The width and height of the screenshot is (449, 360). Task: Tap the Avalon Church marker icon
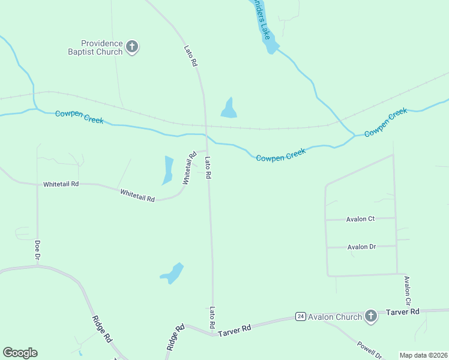(371, 316)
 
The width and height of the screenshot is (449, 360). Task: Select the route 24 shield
(301, 316)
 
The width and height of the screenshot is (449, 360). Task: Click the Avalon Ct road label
(360, 219)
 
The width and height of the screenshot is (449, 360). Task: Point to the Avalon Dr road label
(361, 247)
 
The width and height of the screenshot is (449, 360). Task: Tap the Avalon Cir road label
(407, 290)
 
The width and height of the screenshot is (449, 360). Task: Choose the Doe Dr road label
(37, 250)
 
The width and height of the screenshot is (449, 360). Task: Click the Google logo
(20, 353)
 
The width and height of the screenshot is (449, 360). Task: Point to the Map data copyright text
(423, 355)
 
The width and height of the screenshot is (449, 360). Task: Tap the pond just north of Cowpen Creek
(229, 108)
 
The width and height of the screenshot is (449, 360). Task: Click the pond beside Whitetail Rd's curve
(167, 170)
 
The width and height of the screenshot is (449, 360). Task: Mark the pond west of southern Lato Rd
(173, 274)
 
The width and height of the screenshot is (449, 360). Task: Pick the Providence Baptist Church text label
(102, 47)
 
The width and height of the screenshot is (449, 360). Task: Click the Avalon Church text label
(335, 317)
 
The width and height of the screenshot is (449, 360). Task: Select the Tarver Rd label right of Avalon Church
(402, 312)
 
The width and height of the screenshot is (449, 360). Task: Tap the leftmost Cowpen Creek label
(79, 117)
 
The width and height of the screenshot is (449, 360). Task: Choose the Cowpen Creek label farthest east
(385, 123)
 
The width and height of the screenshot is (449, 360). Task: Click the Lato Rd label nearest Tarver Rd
(212, 317)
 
